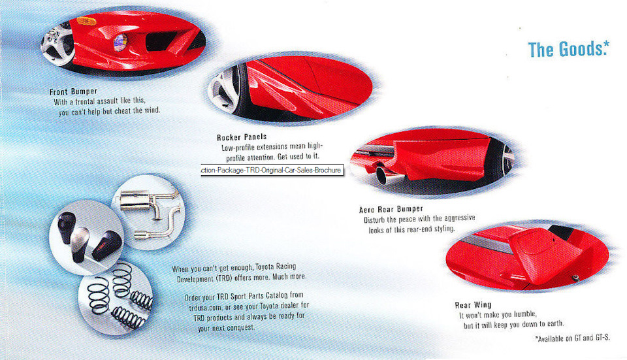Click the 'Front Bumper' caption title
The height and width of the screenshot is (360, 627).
73,92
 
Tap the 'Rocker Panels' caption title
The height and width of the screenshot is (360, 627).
242,137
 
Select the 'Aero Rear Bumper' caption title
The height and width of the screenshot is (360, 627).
391,210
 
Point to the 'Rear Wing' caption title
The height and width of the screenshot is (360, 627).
472,304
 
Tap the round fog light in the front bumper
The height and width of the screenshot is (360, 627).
120,43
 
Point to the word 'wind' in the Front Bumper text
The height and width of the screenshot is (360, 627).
151,111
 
